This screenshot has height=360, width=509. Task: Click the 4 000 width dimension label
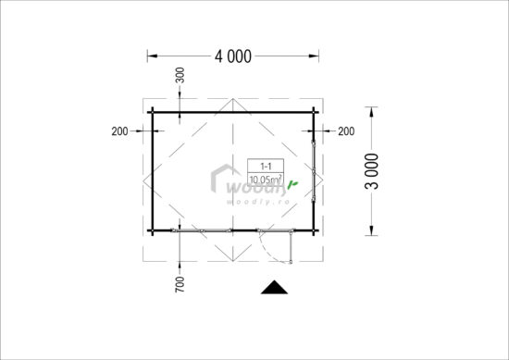[x=233, y=57]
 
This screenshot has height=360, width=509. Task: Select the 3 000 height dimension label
[x=374, y=171]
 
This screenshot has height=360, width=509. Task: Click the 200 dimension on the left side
[x=118, y=131]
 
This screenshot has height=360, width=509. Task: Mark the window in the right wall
[x=315, y=171]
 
